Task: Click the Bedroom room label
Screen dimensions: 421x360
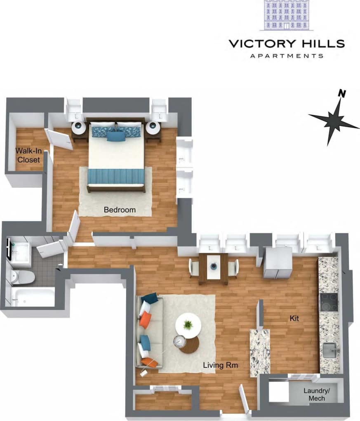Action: [x=120, y=210]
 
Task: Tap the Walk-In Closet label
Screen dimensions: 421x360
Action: [x=28, y=155]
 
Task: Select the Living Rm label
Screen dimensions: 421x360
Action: [x=220, y=365]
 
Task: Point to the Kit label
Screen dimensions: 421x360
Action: [x=294, y=319]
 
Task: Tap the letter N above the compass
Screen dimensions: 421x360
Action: [x=341, y=93]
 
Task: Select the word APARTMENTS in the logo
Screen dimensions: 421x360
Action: [x=287, y=56]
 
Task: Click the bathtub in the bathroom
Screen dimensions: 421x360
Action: [x=33, y=297]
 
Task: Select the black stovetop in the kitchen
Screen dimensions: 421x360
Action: [x=329, y=302]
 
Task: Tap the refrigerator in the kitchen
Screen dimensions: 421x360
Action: [x=278, y=263]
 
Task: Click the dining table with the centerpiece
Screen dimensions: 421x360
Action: [x=213, y=268]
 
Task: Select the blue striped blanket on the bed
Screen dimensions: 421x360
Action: [x=116, y=177]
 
